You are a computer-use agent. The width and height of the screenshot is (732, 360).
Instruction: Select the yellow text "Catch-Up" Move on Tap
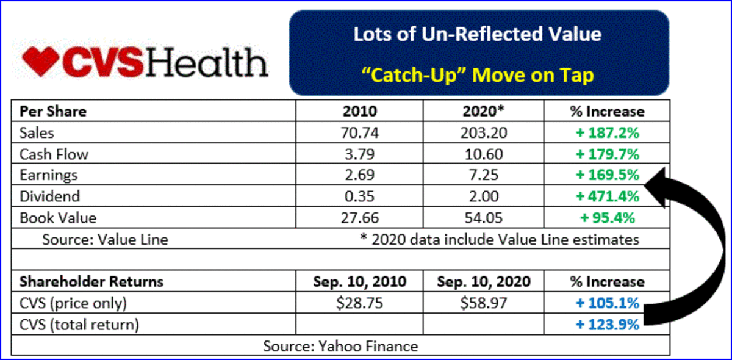pos(478,76)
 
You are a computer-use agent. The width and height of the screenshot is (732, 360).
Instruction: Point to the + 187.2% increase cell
pos(603,132)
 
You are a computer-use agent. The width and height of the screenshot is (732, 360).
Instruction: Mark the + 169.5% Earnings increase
pos(603,175)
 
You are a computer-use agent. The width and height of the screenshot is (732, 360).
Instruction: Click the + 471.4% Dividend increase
pos(603,196)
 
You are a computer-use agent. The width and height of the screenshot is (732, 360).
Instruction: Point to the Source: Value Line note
pos(105,239)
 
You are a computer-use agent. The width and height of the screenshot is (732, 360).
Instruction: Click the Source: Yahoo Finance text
pos(340,346)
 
